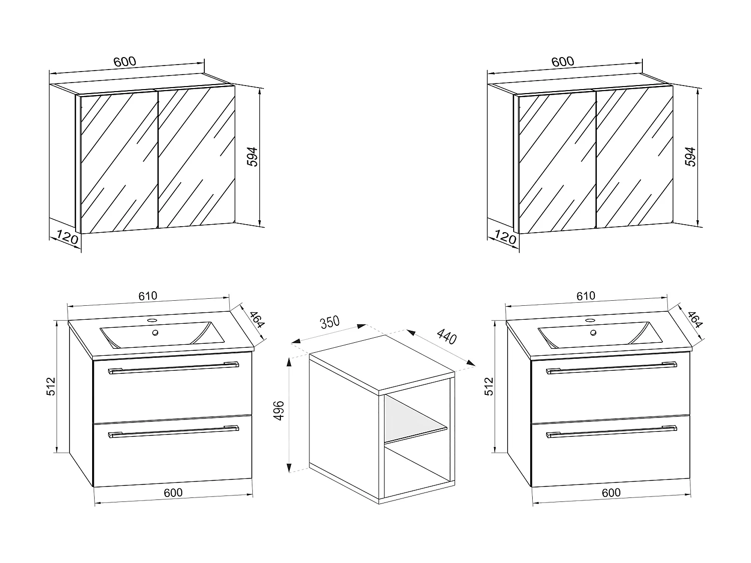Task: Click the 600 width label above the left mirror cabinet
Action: (125, 62)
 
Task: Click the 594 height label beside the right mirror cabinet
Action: (691, 157)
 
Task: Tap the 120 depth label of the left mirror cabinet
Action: (67, 237)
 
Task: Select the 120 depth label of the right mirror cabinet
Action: (505, 237)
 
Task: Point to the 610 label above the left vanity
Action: (148, 296)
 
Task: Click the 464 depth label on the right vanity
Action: (695, 319)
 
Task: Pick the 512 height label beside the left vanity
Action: (51, 386)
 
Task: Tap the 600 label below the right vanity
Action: (611, 492)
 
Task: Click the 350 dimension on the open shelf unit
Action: (330, 322)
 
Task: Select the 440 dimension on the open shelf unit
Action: (447, 335)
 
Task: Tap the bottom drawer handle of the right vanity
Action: (611, 432)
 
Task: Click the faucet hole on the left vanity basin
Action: (152, 319)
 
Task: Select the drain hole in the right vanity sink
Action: (593, 332)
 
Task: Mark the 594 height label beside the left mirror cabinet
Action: (253, 157)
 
